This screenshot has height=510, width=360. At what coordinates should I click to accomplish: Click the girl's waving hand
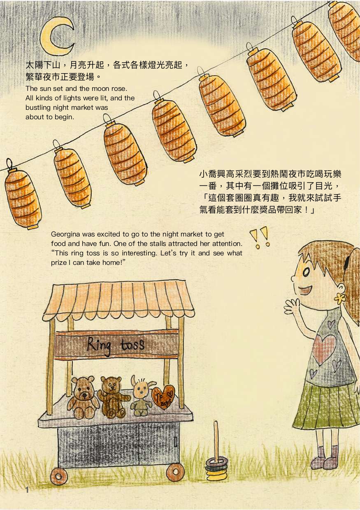(292, 306)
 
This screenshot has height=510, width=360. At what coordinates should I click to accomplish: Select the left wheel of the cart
(59, 475)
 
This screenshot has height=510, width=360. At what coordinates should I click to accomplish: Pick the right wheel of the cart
(175, 471)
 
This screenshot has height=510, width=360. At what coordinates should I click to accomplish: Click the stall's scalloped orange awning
(119, 300)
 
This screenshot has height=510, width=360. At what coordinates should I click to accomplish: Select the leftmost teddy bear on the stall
(83, 396)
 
